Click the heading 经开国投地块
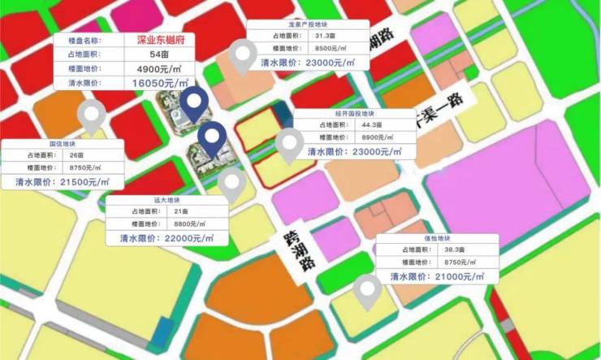(355, 115)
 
